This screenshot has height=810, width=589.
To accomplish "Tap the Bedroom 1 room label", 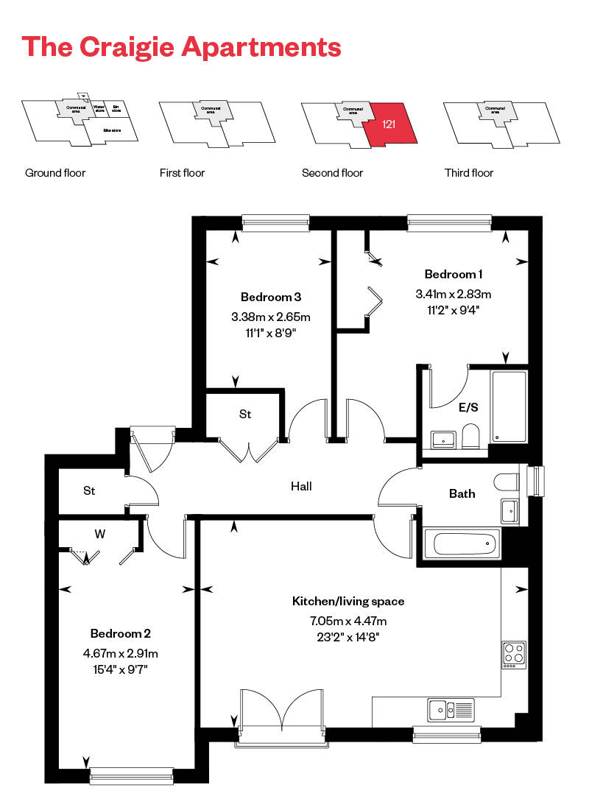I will click(x=454, y=275).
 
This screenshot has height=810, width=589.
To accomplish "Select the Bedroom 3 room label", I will click(x=271, y=297).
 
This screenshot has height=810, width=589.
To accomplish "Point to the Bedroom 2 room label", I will click(x=121, y=634).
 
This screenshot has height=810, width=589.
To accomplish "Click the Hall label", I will click(x=301, y=487).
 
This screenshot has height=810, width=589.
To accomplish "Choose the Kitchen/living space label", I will click(x=348, y=602).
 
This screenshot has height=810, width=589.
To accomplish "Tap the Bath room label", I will click(x=462, y=494).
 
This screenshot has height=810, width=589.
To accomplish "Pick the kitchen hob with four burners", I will click(x=514, y=654).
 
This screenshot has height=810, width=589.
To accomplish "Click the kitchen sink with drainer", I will click(x=450, y=710).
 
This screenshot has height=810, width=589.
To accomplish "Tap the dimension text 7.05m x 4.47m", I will click(x=348, y=621).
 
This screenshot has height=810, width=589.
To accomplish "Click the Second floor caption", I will click(x=332, y=173).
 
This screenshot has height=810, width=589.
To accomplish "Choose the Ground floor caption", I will click(x=55, y=173).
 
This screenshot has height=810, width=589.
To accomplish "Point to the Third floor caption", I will click(x=469, y=173).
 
